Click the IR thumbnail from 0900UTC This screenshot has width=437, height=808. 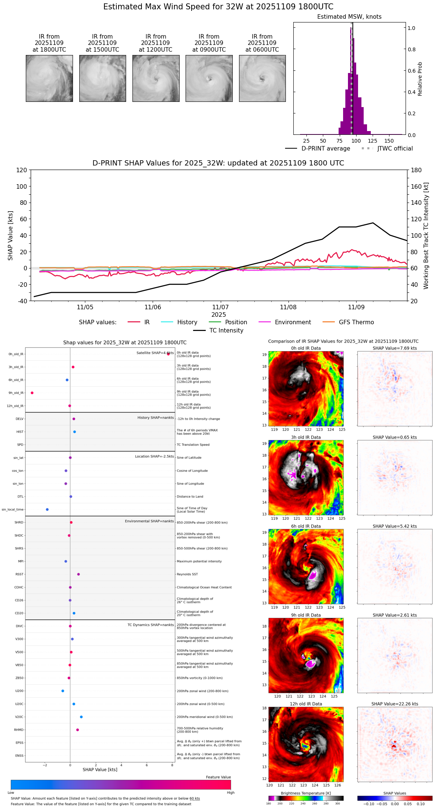[209, 78]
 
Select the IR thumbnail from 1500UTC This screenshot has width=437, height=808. [103, 78]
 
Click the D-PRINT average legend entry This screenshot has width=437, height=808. [318, 149]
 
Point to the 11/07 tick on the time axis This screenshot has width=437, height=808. [220, 307]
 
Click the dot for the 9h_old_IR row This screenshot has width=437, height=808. [32, 393]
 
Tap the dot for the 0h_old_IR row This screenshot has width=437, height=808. [168, 354]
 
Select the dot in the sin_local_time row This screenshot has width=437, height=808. [47, 509]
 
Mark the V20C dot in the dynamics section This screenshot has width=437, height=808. [81, 717]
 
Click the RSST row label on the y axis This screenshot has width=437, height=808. [19, 574]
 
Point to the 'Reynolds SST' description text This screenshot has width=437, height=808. [187, 574]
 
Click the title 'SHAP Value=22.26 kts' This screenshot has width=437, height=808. [394, 704]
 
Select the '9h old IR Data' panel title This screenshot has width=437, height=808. [306, 615]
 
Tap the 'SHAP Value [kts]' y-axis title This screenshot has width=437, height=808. [10, 236]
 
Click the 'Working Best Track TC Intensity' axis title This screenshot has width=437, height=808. [426, 236]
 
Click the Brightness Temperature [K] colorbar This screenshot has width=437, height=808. [306, 798]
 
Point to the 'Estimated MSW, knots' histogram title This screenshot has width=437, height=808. [349, 17]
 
